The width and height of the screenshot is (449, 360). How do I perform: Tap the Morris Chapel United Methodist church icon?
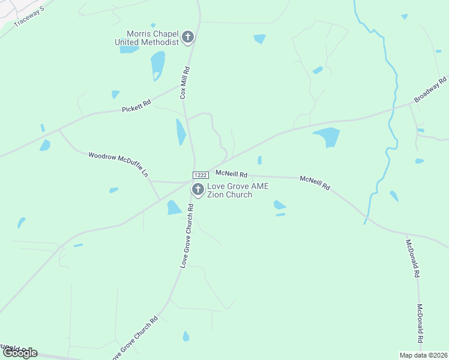click(187, 38)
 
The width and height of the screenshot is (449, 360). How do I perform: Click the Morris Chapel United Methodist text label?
click(147, 38)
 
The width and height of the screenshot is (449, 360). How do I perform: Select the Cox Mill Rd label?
click(185, 83)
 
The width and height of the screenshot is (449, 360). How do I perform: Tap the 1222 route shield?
click(200, 175)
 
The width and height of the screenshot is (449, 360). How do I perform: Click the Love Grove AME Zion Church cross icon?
click(197, 190)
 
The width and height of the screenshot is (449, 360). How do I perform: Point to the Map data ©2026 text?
click(423, 355)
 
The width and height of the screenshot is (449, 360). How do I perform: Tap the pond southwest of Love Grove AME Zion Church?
click(173, 208)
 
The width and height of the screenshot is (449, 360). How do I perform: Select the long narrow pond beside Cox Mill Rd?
click(180, 132)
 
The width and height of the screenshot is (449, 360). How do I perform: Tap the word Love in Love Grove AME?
click(216, 187)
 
